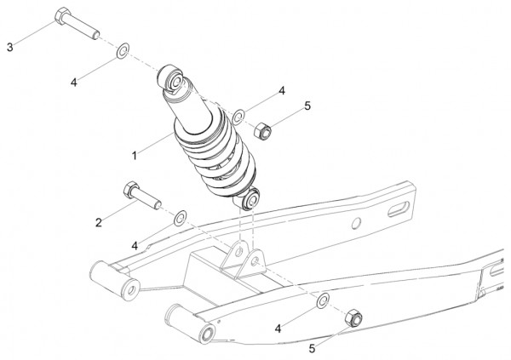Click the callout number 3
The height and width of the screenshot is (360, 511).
[10, 48]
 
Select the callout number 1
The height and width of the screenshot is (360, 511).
[135, 156]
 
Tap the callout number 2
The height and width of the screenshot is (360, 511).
[99, 222]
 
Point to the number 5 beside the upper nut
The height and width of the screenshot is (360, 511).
[307, 106]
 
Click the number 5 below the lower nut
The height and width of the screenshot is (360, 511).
[312, 349]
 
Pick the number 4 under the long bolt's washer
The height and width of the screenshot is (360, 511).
[74, 83]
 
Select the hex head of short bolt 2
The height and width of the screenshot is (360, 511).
[130, 190]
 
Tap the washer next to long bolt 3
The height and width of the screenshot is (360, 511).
[123, 50]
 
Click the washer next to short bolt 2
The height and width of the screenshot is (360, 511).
[180, 218]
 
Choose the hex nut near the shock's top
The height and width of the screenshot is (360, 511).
[262, 131]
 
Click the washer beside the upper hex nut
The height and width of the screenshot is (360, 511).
[239, 117]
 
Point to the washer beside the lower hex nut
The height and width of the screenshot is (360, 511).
[323, 300]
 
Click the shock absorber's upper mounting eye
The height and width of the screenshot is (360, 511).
[171, 79]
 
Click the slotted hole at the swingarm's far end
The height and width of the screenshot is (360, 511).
[399, 209]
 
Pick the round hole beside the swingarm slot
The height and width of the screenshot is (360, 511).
[357, 223]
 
